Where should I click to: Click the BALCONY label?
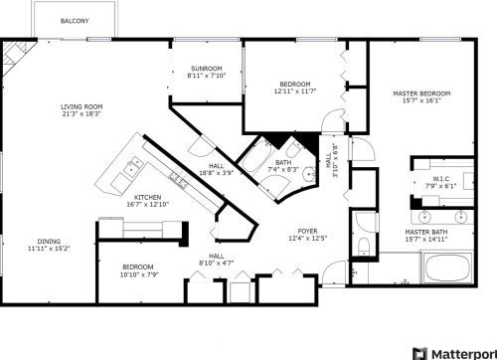(x=75, y=21)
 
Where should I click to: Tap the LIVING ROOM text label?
(x=82, y=106)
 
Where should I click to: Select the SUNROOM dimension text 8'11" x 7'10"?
(x=207, y=76)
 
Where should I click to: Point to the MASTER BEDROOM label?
(x=421, y=93)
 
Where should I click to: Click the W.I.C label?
(x=441, y=179)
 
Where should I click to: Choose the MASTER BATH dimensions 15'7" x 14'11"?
(x=426, y=239)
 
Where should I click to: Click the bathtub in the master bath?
(x=448, y=268)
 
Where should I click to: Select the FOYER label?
(x=307, y=231)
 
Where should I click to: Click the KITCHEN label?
(x=147, y=197)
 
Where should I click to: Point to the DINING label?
(x=49, y=242)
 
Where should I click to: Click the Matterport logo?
(x=454, y=353)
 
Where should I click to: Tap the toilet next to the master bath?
(x=364, y=246)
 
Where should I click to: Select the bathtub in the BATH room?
(x=256, y=157)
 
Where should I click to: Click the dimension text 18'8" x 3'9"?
(x=217, y=173)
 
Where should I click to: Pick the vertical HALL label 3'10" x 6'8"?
(x=332, y=160)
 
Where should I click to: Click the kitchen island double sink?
(x=133, y=165)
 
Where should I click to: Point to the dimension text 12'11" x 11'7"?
(x=295, y=90)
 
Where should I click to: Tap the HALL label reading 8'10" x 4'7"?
(x=217, y=260)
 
